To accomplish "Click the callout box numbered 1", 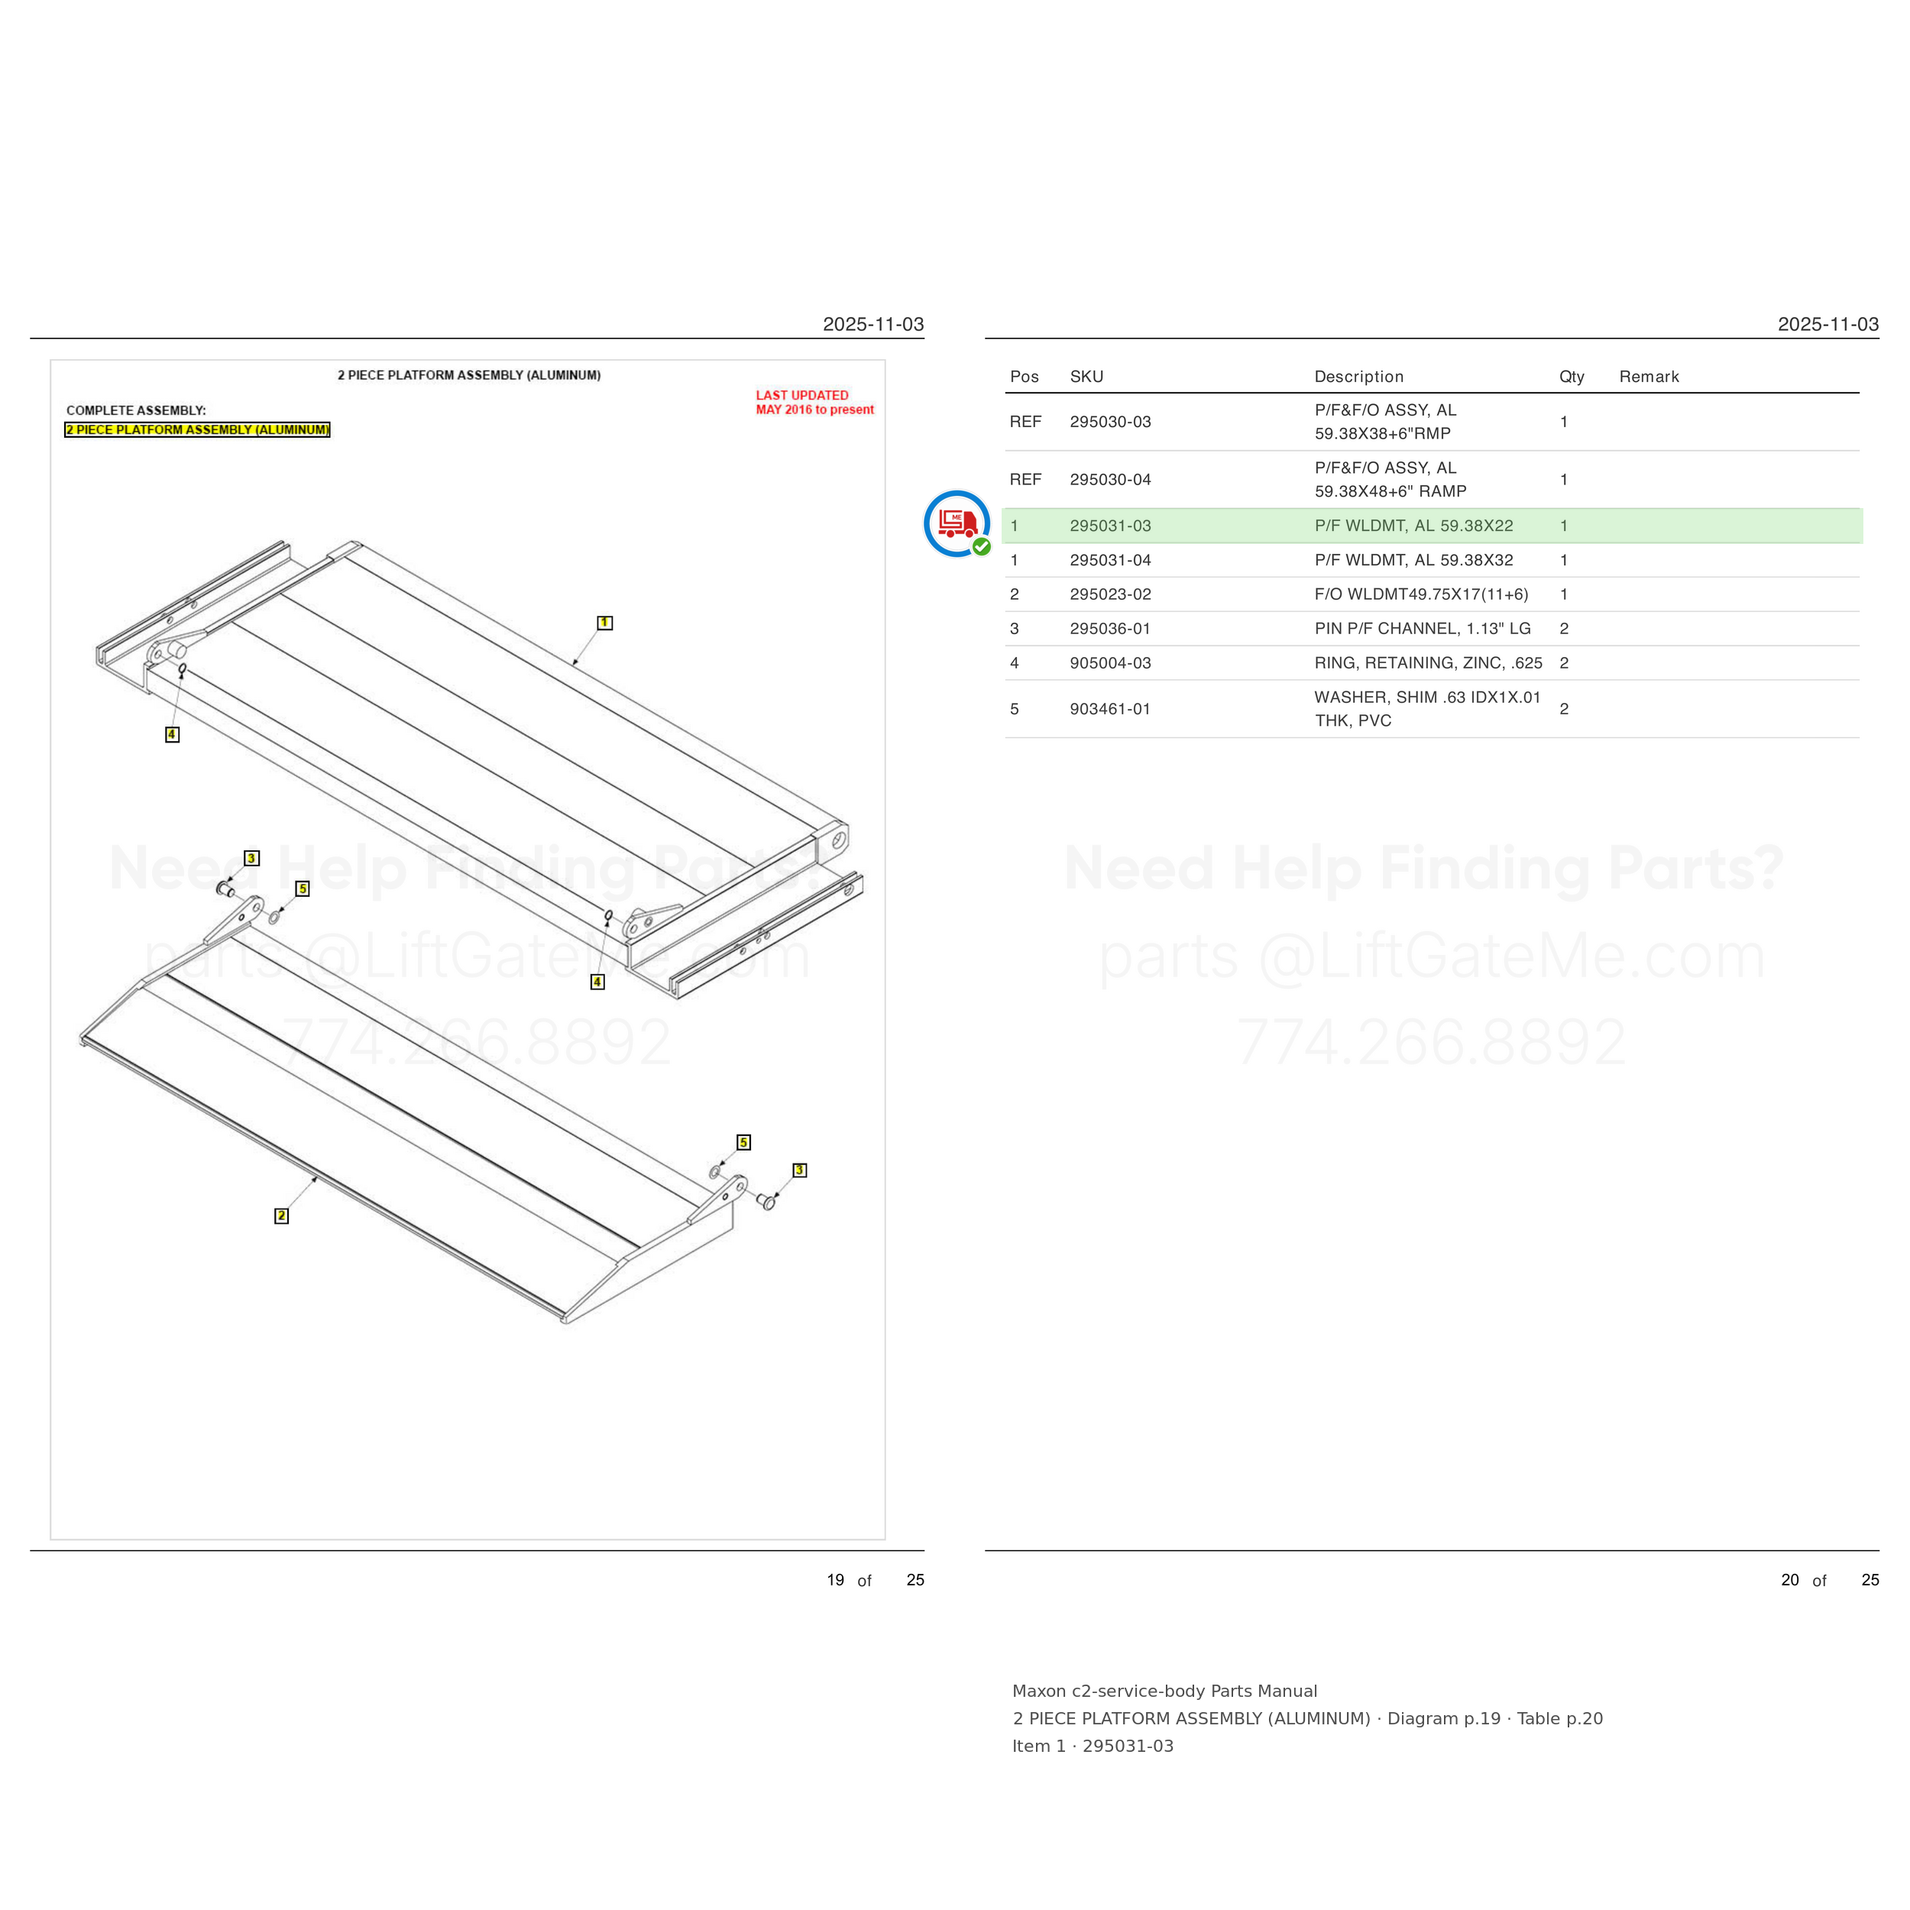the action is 604,623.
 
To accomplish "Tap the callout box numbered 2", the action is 282,1216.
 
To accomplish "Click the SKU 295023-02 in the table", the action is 1110,594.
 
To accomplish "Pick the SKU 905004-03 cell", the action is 1110,663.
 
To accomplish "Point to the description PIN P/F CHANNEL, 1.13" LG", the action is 1423,629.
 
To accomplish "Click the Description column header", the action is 1359,377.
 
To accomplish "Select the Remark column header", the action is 1649,377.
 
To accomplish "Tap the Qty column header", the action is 1572,377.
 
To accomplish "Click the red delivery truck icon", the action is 957,523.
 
